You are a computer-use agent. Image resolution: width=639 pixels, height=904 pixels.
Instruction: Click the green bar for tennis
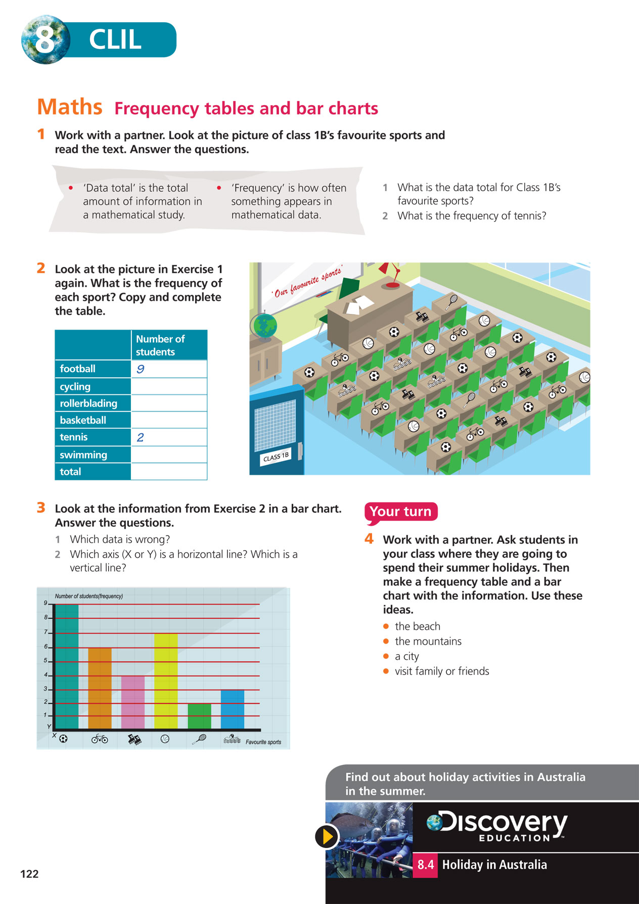point(199,716)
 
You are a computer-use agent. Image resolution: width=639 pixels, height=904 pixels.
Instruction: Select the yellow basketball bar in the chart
point(166,681)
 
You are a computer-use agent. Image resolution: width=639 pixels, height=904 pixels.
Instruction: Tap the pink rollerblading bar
point(133,702)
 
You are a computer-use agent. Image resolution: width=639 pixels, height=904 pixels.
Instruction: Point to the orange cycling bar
point(100,688)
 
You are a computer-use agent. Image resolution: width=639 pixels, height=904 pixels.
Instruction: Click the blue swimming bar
point(233,709)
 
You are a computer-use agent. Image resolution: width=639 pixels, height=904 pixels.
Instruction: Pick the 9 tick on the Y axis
point(45,603)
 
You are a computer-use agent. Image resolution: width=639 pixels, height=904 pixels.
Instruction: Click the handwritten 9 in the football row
point(141,369)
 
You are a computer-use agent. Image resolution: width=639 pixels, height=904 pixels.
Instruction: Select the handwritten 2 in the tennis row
point(141,437)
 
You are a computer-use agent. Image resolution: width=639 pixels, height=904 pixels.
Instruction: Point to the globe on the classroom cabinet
point(264,326)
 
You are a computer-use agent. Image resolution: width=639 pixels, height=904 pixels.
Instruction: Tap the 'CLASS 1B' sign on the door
point(276,457)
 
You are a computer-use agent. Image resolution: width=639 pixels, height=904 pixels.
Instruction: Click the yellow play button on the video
point(327,836)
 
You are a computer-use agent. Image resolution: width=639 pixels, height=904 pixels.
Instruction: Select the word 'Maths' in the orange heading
point(70,107)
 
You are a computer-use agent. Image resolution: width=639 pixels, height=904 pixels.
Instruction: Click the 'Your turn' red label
point(400,512)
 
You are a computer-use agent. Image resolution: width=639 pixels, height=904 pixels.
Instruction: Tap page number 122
point(29,874)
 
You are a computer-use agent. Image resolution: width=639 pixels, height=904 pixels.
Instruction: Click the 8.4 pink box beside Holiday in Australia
point(425,865)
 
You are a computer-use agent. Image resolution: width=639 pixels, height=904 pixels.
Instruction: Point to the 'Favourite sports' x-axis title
point(263,742)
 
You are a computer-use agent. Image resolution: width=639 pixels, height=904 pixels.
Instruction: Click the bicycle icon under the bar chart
point(100,739)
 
